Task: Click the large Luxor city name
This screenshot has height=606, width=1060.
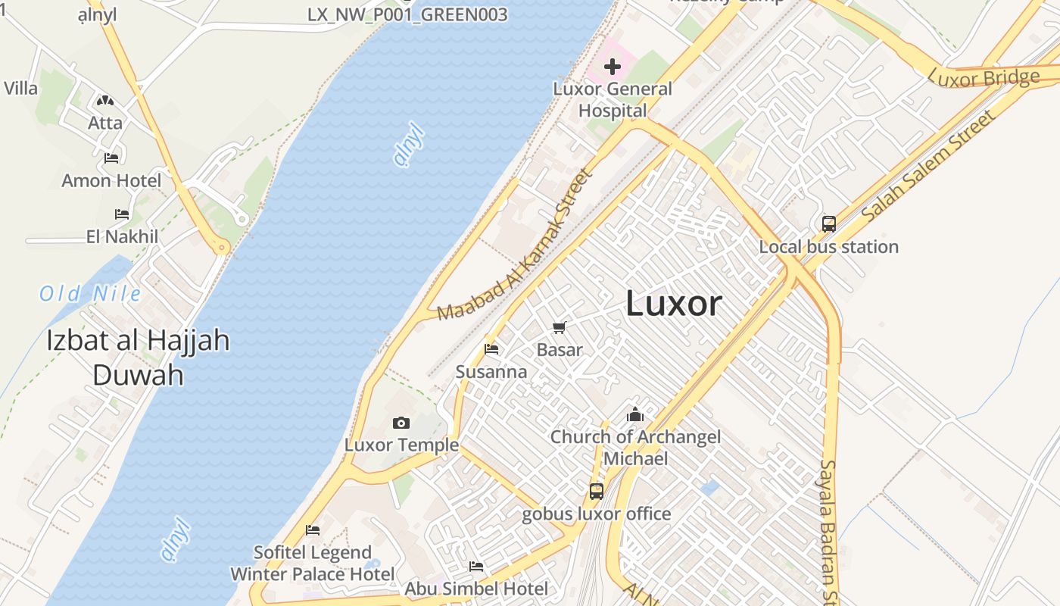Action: [674, 304]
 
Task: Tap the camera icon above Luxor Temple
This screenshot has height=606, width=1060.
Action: [401, 423]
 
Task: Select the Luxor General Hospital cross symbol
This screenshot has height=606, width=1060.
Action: [613, 67]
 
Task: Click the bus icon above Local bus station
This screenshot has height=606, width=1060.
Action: [829, 224]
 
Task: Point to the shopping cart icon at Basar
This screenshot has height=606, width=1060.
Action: [560, 327]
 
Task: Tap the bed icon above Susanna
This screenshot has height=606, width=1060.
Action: [491, 349]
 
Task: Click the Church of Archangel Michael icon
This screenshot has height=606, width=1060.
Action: [635, 414]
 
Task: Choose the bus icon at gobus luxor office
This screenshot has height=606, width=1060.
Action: [597, 492]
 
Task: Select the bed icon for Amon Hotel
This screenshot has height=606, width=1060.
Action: [111, 158]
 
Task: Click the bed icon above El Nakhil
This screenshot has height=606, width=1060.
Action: [122, 214]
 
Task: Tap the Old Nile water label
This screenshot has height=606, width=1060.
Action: [90, 294]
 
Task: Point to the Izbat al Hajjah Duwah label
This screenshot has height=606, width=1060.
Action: [138, 357]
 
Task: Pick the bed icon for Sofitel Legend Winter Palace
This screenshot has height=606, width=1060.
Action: [313, 529]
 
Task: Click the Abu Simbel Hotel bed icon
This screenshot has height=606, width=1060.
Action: [476, 566]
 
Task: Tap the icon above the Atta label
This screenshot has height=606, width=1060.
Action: [104, 100]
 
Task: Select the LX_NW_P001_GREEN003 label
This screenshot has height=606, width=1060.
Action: [407, 14]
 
